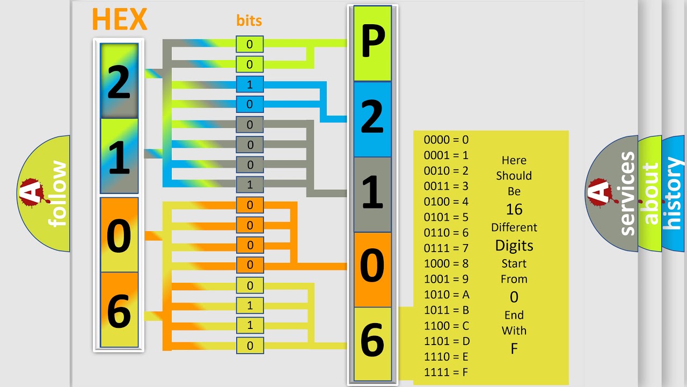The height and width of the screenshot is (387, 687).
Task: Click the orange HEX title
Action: pos(120,19)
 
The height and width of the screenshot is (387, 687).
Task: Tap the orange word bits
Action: pos(249,20)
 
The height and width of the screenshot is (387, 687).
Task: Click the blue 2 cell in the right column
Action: pos(372,119)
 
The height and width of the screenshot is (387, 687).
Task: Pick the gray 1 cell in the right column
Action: pos(372,195)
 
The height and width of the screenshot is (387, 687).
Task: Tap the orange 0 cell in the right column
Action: pos(372,270)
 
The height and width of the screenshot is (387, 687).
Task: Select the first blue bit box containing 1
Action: pos(250,84)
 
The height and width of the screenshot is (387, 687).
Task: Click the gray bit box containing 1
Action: pos(250,184)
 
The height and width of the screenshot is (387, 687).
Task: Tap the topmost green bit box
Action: pos(250,44)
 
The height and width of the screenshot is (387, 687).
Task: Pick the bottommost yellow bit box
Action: pos(250,346)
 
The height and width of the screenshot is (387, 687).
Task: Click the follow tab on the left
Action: pos(43,193)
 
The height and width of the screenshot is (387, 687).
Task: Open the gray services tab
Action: pos(611,193)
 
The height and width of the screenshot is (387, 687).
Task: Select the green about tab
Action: pos(650,193)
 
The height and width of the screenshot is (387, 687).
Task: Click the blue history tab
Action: pos(674,193)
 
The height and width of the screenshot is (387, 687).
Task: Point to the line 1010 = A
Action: pos(447,295)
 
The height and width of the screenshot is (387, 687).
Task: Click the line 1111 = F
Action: pos(446,372)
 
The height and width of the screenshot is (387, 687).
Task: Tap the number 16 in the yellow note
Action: pos(514,210)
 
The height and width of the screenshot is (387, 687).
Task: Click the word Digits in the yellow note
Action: pos(514,246)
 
